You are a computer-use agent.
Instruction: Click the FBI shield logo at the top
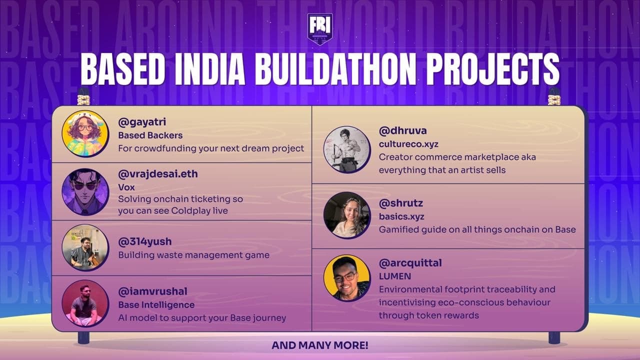(x=320, y=29)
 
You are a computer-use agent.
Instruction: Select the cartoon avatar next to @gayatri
(x=85, y=133)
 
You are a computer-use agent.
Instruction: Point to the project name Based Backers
(x=150, y=135)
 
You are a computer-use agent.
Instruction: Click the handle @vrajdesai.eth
(x=157, y=174)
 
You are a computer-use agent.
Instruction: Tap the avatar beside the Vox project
(x=85, y=191)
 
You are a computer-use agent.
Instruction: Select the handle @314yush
(x=144, y=241)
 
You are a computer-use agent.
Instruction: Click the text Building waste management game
(x=193, y=255)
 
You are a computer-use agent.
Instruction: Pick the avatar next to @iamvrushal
(x=85, y=303)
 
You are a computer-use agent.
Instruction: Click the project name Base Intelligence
(x=156, y=304)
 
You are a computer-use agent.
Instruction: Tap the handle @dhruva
(x=402, y=131)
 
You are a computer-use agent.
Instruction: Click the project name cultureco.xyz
(x=408, y=144)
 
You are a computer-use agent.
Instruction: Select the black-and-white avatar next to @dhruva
(x=347, y=149)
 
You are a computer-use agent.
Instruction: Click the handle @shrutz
(x=400, y=203)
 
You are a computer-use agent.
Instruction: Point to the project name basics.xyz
(x=401, y=216)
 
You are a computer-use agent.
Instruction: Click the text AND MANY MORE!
(x=320, y=345)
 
